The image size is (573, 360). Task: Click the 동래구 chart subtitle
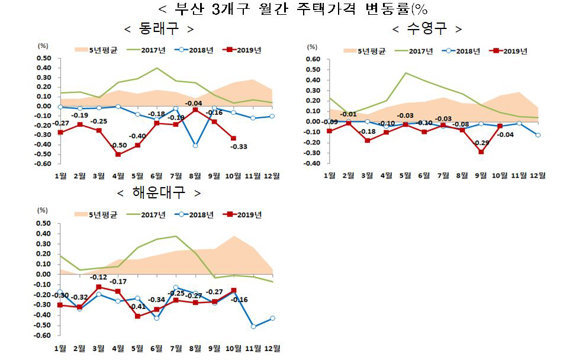158,29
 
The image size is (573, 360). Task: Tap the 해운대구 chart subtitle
159,194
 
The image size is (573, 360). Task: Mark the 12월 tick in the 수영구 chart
537,175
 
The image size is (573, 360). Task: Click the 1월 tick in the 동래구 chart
60,176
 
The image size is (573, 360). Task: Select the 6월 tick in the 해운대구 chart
157,348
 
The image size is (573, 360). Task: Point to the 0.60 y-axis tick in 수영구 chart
311,59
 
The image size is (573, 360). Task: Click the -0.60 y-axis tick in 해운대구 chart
44,336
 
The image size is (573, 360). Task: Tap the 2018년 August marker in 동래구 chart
195,145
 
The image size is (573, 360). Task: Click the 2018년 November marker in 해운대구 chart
253,326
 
